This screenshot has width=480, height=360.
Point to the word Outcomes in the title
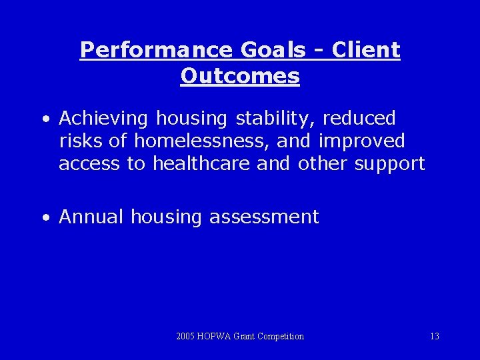pyautogui.click(x=240, y=76)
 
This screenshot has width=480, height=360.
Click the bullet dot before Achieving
pyautogui.click(x=45, y=120)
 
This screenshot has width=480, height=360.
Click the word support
pyautogui.click(x=387, y=164)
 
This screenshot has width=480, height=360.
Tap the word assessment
pyautogui.click(x=264, y=217)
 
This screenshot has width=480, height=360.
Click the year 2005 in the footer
pyautogui.click(x=186, y=337)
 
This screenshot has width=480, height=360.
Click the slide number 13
pyautogui.click(x=434, y=337)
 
